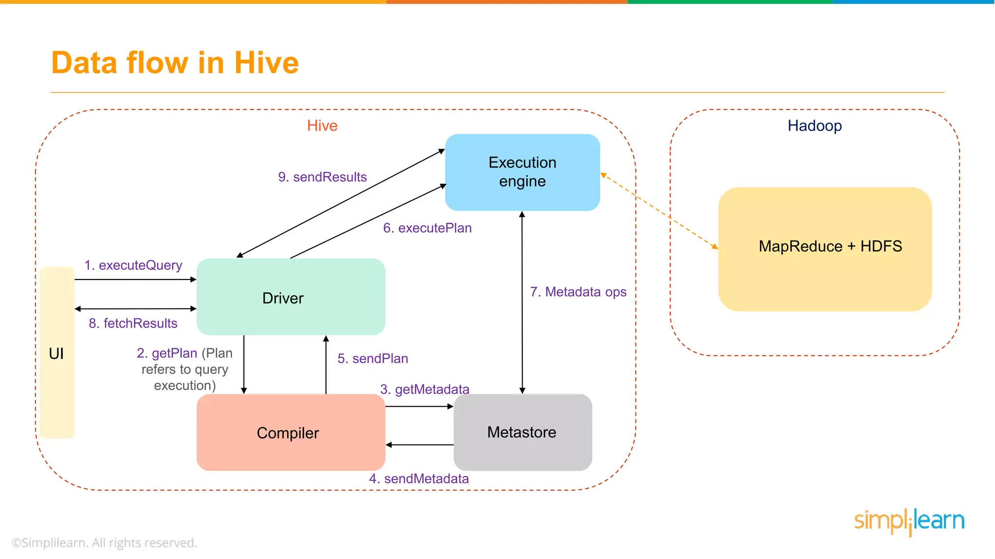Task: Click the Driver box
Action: click(x=291, y=297)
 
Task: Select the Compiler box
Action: click(x=291, y=432)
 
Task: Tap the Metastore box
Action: click(x=522, y=432)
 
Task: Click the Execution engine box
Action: click(x=522, y=172)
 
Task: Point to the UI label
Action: click(x=56, y=353)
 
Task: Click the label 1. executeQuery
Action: click(x=133, y=265)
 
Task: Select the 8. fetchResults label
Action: click(x=133, y=323)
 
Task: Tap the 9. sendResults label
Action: click(x=322, y=177)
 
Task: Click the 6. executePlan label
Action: click(x=427, y=228)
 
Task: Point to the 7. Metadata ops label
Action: click(x=578, y=292)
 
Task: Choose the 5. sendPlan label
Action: click(x=373, y=359)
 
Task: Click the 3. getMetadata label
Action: click(x=425, y=389)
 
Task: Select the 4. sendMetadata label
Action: click(x=419, y=479)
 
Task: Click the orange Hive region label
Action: click(x=322, y=126)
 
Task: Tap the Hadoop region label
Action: click(x=815, y=126)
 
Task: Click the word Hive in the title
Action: click(x=266, y=63)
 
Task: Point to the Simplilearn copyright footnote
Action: click(x=104, y=543)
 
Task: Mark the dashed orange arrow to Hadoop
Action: click(x=659, y=211)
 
